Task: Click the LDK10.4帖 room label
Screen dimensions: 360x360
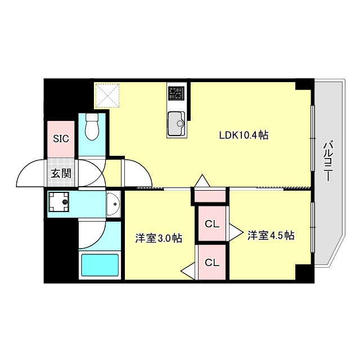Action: coord(243,135)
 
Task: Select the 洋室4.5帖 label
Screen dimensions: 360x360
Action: coord(271,236)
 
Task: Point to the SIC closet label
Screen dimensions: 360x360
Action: coord(61,138)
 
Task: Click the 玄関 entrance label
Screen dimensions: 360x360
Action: coord(61,173)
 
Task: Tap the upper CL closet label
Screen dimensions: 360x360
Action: coord(211,224)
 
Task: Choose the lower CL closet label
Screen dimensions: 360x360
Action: coord(211,262)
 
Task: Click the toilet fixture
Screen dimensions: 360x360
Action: coord(91,128)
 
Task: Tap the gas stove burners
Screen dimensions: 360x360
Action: coord(177,92)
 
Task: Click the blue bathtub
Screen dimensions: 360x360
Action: coord(101,265)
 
